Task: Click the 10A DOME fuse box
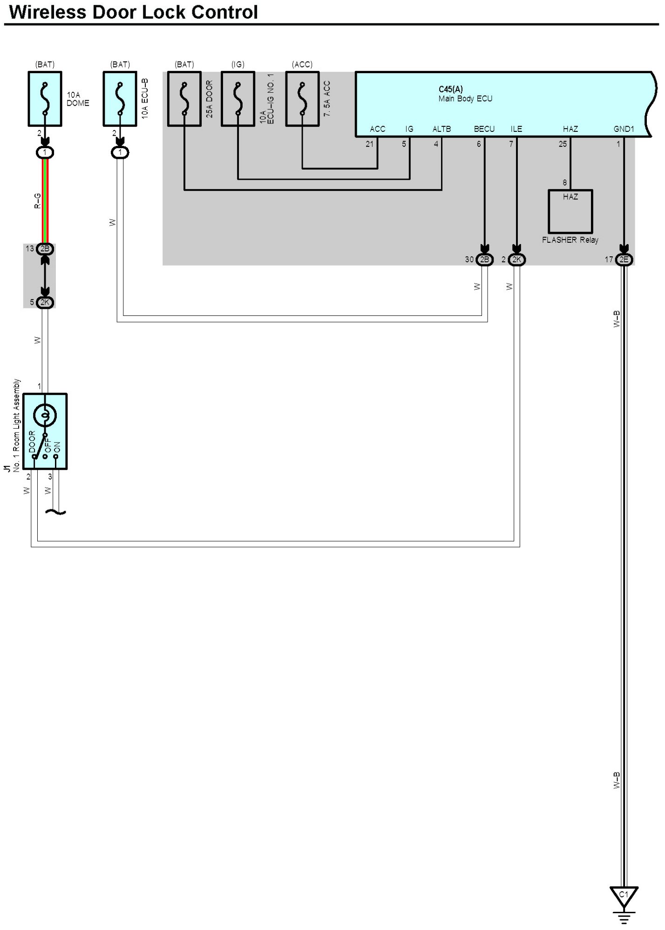(45, 99)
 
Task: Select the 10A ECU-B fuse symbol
(120, 99)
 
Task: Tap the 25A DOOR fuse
(184, 99)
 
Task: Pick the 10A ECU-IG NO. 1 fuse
(238, 99)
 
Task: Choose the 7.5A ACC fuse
(302, 99)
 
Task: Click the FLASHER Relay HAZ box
(570, 211)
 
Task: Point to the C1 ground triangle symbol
(624, 896)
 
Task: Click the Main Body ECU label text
(465, 99)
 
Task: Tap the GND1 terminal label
(624, 129)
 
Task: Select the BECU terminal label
(484, 129)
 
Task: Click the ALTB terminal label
(441, 129)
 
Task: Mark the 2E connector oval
(624, 260)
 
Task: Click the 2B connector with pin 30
(484, 260)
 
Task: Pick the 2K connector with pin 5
(45, 302)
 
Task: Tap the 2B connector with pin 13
(45, 249)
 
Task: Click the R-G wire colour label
(38, 201)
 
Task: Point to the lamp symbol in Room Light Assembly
(45, 414)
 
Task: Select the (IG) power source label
(238, 64)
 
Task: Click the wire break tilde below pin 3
(55, 512)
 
